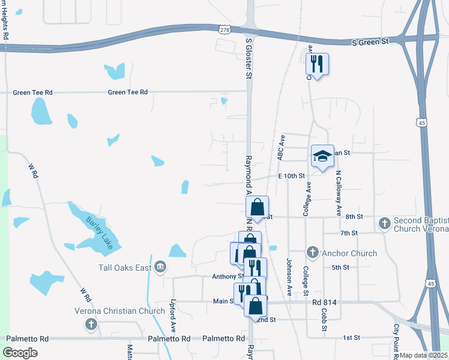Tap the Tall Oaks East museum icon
160,267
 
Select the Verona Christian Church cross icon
91,325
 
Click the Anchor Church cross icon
312,253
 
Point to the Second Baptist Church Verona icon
385,224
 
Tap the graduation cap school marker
322,157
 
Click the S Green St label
370,42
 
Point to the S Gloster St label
249,59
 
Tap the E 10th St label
292,176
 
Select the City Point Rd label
397,338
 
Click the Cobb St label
324,320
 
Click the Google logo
20,353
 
